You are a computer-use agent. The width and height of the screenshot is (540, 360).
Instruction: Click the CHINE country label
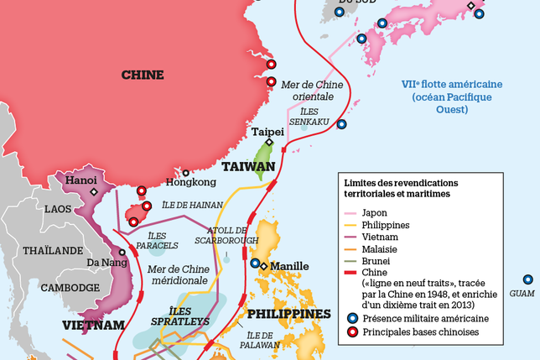tap(143, 75)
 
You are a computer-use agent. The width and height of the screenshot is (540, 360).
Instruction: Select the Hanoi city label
tap(82, 180)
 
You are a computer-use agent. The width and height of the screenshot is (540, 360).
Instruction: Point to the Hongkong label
tap(185, 182)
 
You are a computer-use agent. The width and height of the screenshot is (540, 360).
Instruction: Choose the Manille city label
tap(289, 266)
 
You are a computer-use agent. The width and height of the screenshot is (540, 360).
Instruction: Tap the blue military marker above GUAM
tap(527, 279)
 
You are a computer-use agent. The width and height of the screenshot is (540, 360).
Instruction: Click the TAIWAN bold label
tap(248, 167)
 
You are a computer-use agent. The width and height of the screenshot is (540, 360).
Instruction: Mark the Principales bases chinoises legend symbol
tap(353, 331)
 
